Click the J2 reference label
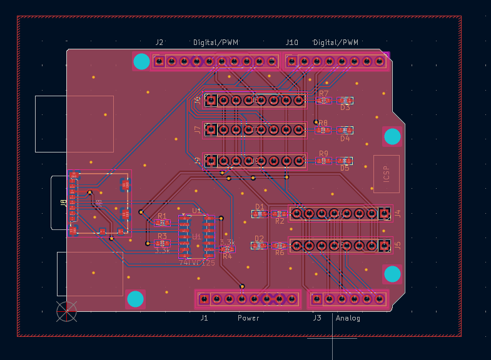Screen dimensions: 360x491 pos(159,42)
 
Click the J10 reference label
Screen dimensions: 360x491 pos(292,42)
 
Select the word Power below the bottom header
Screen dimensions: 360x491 pos(248,318)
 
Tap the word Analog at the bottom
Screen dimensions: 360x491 pos(348,318)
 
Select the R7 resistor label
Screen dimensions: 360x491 pos(323,93)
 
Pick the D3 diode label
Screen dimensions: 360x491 pos(345,107)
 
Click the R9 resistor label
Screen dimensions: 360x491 pos(323,154)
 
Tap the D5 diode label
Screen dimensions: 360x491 pos(345,168)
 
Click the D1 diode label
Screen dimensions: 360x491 pos(260,207)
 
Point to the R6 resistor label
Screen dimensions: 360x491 pos(280,252)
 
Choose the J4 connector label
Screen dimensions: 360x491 pos(397,214)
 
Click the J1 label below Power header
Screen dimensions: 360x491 pos(204,318)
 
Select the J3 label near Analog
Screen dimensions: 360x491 pos(317,318)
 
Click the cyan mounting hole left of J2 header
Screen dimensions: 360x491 pos(142,61)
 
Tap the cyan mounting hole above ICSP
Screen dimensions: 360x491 pos(392,136)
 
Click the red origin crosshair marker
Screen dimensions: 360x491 pos(66,311)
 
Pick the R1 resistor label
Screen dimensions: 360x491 pos(162,216)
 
